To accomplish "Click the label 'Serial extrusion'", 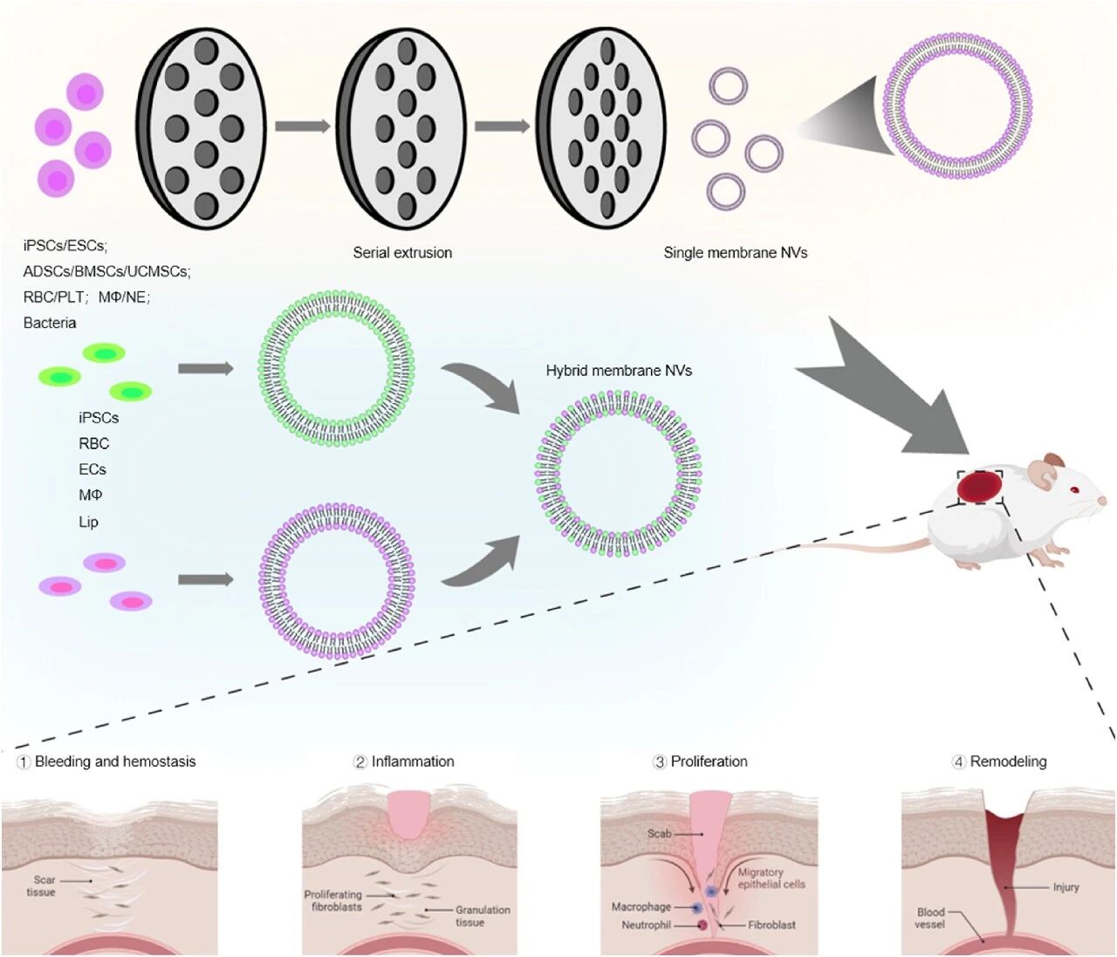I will click(x=402, y=253).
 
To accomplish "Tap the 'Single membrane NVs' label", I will click(x=735, y=253).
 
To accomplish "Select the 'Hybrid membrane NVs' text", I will click(x=619, y=371).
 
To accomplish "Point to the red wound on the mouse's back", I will click(x=979, y=487).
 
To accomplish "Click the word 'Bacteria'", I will click(x=50, y=323).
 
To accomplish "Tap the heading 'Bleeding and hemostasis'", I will click(x=114, y=762).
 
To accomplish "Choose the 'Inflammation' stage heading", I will click(x=413, y=762).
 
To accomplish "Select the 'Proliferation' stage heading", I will click(x=709, y=762).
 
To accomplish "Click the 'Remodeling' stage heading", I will click(x=1008, y=762).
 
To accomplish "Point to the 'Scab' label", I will click(x=659, y=833).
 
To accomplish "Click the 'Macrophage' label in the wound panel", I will click(x=641, y=907).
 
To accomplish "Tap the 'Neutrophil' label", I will click(x=647, y=925).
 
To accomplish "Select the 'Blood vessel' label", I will click(x=930, y=918).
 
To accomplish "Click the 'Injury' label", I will click(x=1066, y=887).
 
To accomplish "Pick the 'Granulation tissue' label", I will click(x=482, y=916).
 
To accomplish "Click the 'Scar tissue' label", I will click(x=42, y=886).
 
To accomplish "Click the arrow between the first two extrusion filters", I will click(x=302, y=126).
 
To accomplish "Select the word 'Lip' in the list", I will click(x=88, y=523).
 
